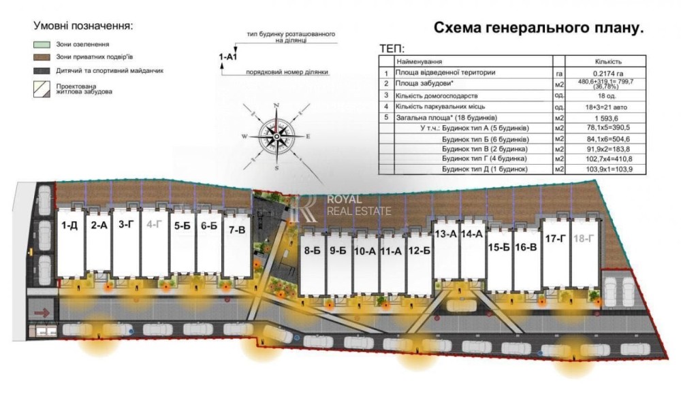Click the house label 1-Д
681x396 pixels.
[69, 225]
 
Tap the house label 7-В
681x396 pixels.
[237, 230]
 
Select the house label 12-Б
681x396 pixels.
[419, 250]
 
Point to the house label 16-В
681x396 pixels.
[526, 247]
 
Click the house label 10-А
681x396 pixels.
[365, 251]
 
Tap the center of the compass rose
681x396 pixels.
[276, 137]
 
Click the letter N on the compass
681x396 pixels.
[276, 105]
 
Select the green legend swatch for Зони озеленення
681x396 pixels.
[42, 44]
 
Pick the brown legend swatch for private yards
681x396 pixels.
[42, 57]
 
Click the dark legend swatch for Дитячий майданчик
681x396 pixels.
[42, 71]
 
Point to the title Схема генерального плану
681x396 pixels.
[539, 28]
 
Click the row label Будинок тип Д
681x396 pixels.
[485, 169]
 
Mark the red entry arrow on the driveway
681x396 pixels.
[42, 313]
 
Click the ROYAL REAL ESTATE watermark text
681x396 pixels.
[359, 205]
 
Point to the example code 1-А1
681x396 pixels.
[228, 56]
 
